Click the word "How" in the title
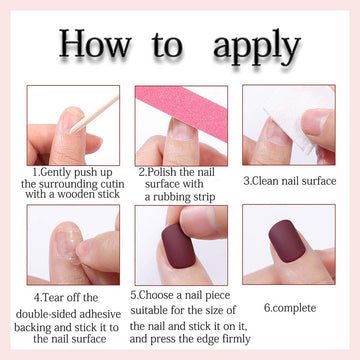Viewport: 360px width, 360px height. click(95, 43)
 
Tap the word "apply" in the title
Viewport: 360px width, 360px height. click(257, 48)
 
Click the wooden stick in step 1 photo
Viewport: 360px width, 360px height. click(96, 114)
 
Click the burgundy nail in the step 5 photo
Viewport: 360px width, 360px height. click(179, 245)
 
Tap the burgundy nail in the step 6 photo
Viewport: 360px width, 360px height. click(287, 241)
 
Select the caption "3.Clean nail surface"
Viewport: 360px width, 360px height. click(290, 181)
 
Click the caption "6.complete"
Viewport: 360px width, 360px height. click(290, 308)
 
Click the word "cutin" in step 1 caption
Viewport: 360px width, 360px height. click(110, 184)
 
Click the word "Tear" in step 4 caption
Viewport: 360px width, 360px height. click(52, 297)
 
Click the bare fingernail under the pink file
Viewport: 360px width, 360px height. click(181, 131)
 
